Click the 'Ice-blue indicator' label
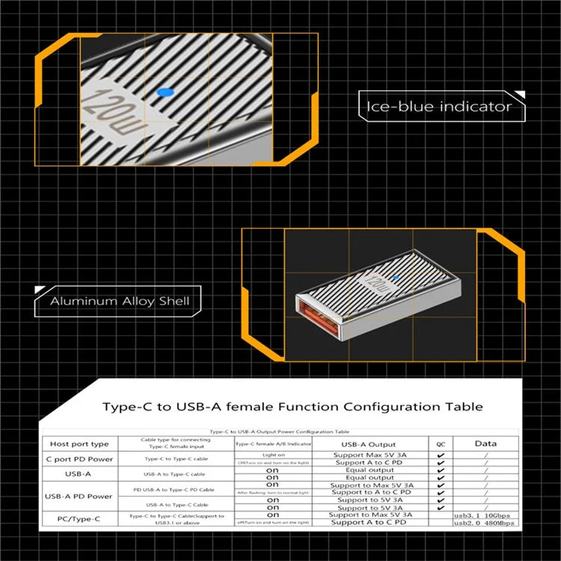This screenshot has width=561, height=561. tap(438, 106)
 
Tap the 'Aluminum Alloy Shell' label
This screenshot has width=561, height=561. tap(120, 302)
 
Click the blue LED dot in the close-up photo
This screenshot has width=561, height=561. tap(166, 92)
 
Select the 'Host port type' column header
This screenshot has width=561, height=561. tap(79, 444)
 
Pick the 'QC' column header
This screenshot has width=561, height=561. tap(441, 444)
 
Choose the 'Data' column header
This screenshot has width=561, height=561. tap(486, 444)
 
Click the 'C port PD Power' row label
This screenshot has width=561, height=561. tap(79, 459)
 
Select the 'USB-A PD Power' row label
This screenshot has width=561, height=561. tap(79, 496)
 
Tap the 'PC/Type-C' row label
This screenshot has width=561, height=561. tap(79, 518)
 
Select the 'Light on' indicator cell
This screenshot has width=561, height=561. tap(273, 455)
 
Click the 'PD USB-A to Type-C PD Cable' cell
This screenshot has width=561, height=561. tap(177, 488)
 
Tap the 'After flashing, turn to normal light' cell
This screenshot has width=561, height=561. tap(273, 492)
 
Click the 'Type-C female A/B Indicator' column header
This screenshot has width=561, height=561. tap(273, 444)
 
